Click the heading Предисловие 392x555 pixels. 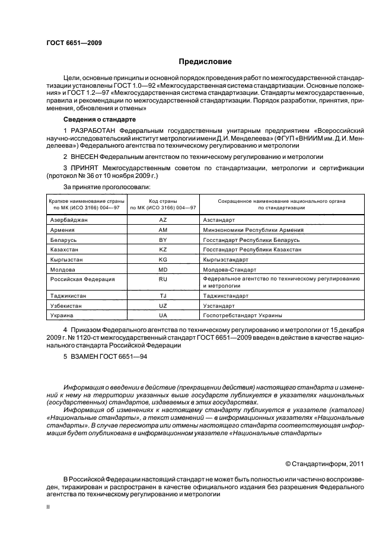click(205, 62)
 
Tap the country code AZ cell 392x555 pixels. click(163, 219)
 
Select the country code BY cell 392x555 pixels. click(163, 240)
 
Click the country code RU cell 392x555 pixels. click(163, 279)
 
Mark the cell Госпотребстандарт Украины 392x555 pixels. click(242, 315)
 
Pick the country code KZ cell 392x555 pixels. click(163, 250)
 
